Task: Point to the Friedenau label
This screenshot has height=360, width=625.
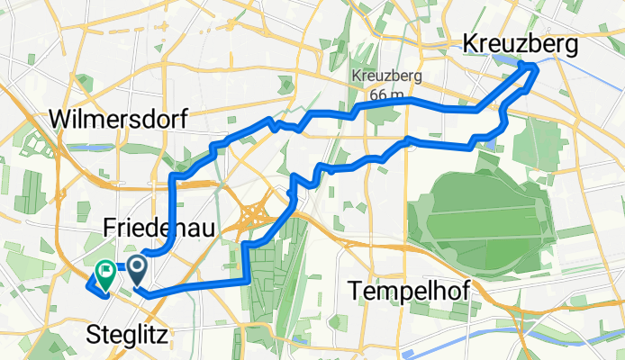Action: pyautogui.click(x=159, y=229)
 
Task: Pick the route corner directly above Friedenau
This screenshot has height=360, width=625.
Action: pyautogui.click(x=172, y=177)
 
